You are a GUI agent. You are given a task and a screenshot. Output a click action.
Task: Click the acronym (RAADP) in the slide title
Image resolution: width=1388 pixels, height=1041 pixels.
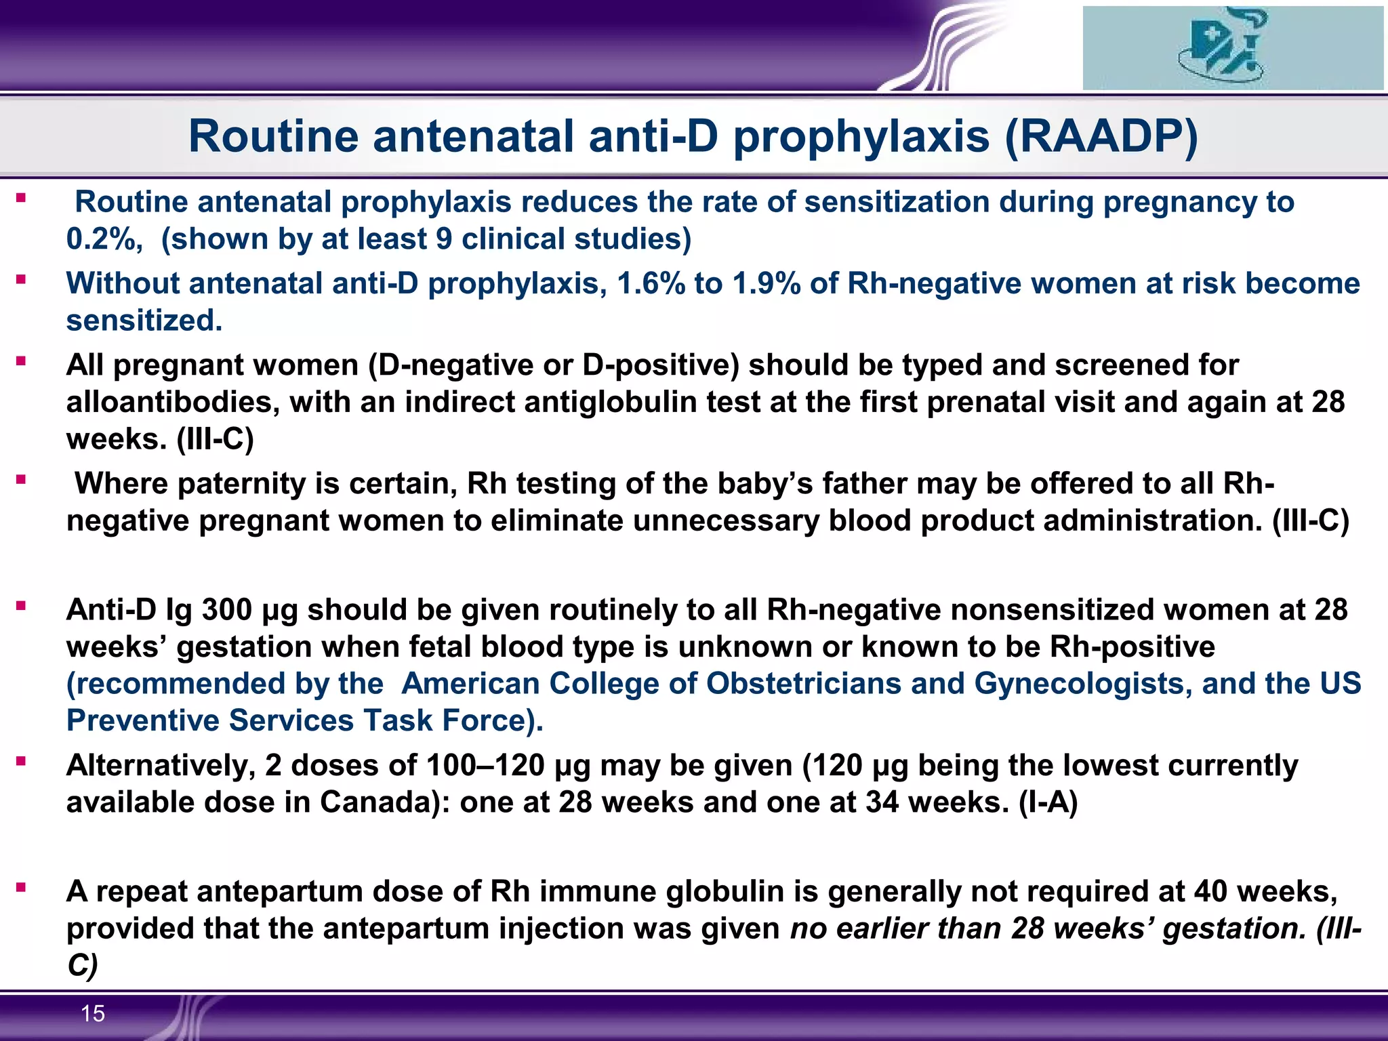click(1101, 137)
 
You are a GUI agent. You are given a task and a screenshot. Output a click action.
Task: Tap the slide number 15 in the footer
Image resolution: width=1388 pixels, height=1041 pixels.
click(93, 1013)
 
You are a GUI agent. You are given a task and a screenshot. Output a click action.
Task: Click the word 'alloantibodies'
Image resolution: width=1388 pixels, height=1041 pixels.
click(173, 402)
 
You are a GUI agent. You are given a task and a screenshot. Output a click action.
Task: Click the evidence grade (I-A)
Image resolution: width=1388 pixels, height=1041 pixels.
click(1048, 802)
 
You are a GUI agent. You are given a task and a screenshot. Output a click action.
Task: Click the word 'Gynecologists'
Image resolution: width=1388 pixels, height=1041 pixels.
click(1082, 684)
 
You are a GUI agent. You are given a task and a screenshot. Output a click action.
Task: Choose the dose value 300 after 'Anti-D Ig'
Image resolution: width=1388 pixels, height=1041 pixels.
click(227, 610)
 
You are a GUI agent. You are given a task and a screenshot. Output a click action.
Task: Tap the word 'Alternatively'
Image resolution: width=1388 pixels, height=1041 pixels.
click(160, 766)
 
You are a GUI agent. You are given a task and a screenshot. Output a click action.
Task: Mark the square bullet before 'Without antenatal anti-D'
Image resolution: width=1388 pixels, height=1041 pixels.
click(22, 279)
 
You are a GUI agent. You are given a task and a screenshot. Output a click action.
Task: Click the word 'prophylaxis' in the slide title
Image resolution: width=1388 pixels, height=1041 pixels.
click(861, 137)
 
